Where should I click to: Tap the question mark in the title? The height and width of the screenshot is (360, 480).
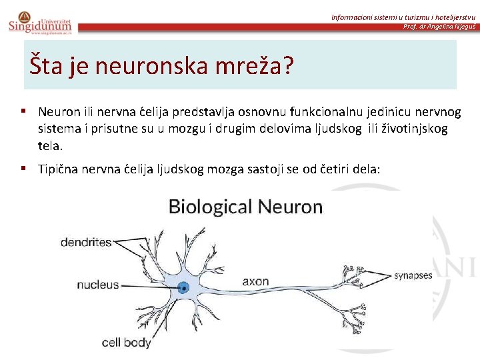(x=288, y=66)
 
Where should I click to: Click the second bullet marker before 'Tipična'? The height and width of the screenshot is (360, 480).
(x=23, y=169)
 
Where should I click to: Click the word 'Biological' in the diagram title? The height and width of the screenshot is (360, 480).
(x=207, y=207)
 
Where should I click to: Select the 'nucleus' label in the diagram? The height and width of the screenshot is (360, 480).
(x=97, y=285)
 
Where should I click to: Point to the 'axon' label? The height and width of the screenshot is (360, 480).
(x=255, y=281)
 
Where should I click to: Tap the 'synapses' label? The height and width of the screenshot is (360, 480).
(x=413, y=275)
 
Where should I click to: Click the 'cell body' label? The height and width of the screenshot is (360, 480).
(x=126, y=342)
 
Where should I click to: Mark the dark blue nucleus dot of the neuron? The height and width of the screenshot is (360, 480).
(x=183, y=289)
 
